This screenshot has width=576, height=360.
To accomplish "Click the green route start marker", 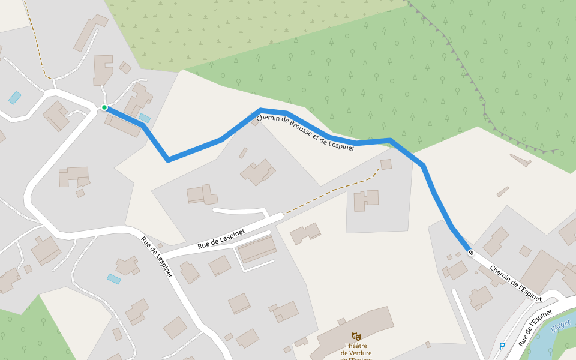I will point(104,107).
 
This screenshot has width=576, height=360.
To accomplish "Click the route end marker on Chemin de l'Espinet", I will point(471,253).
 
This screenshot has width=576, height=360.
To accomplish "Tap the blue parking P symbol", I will point(502,346).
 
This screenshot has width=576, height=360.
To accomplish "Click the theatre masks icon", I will point(356,337).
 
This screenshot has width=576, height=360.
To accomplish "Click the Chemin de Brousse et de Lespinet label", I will point(305,132).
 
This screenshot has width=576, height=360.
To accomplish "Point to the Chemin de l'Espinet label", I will point(515,283).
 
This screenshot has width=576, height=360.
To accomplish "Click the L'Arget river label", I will point(560,325).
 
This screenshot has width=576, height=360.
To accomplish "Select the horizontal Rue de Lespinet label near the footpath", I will point(221,239).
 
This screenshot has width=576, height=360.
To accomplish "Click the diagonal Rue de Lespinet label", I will point(157,257).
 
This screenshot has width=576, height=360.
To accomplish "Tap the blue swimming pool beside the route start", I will point(145,118).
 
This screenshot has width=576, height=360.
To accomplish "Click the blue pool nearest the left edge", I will point(14,98).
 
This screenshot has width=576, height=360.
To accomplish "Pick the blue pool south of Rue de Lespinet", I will point(114,279).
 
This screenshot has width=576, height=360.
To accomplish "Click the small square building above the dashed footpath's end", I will point(386,164).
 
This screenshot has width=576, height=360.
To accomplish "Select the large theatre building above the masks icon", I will point(354,327).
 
